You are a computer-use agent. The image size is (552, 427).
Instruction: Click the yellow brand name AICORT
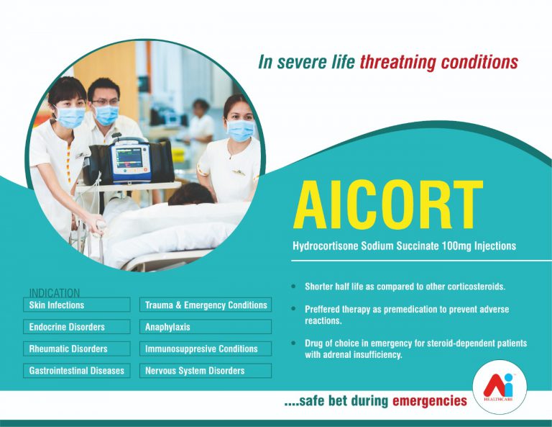point(387,205)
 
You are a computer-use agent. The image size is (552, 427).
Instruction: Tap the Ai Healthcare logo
point(500,387)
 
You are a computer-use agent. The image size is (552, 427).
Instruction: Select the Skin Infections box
point(77,305)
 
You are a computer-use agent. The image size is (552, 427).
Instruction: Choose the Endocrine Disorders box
point(77,326)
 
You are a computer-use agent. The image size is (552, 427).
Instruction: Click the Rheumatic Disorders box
point(77,349)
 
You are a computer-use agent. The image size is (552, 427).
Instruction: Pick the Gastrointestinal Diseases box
point(77,371)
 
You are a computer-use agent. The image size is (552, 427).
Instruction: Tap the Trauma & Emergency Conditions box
point(206,305)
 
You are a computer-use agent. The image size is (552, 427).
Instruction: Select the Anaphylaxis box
point(206,326)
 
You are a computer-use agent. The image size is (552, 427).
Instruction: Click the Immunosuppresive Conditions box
point(206,349)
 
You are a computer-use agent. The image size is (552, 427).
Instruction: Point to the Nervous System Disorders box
point(206,371)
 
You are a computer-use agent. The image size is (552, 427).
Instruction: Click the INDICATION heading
point(55,293)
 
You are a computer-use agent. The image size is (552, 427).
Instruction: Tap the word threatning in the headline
point(398,62)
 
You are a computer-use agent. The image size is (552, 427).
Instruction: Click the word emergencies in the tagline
point(430,400)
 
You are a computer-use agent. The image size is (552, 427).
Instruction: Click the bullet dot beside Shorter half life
point(293,287)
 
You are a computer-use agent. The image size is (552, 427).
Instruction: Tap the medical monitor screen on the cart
point(129,158)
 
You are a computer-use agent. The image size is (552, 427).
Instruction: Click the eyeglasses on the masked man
point(105,102)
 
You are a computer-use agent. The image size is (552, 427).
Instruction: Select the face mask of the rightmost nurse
point(241,130)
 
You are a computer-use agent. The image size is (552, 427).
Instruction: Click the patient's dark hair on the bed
point(190,194)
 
